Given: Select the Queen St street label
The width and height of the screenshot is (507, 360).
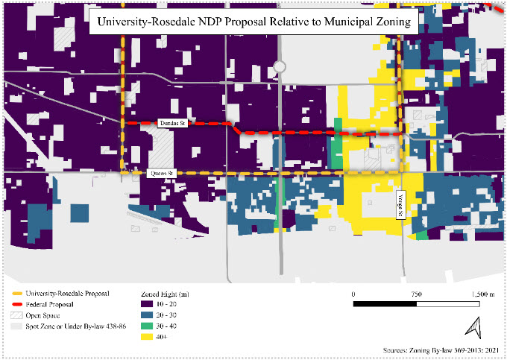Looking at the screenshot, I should point(162,173).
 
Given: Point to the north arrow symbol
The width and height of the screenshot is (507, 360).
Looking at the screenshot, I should point(472,326).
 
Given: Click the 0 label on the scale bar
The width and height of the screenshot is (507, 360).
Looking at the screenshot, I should point(353,294).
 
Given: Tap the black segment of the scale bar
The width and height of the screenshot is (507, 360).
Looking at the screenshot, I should point(385,305).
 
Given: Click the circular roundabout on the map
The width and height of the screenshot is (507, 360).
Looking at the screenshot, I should point(280,67).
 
